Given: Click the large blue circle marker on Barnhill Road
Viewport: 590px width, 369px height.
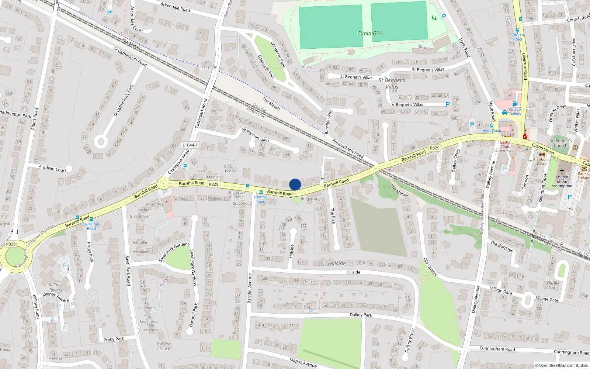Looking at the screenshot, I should pyautogui.click(x=295, y=184).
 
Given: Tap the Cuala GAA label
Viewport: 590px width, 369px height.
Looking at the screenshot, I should pyautogui.click(x=370, y=34).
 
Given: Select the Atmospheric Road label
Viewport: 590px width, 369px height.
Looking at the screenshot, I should pyautogui.click(x=347, y=148).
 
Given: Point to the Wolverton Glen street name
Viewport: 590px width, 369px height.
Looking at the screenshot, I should pyautogui.click(x=255, y=135).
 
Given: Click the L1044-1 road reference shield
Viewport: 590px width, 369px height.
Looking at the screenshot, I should pyautogui.click(x=190, y=145).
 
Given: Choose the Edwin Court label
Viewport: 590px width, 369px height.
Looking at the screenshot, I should pyautogui.click(x=55, y=169).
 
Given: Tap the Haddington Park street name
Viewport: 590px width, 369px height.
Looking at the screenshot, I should pyautogui.click(x=15, y=114).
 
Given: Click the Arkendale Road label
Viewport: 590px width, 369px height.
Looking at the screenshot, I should pyautogui.click(x=175, y=7).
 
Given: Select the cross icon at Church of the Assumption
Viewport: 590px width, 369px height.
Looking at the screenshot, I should pyautogui.click(x=562, y=171).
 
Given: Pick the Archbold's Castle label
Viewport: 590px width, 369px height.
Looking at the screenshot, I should pyautogui.click(x=542, y=162).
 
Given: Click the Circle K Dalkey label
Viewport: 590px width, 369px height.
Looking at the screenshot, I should pyautogui.click(x=515, y=111).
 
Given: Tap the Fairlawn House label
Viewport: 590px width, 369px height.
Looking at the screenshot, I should pyautogui.click(x=164, y=346).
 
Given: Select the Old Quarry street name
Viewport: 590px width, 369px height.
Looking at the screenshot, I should pyautogui.click(x=430, y=267).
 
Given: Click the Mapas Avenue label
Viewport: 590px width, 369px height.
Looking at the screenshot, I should pyautogui.click(x=303, y=363).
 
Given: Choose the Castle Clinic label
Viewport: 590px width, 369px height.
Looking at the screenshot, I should pyautogui.click(x=505, y=144).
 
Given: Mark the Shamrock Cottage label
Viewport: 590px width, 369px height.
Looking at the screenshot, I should pyautogui.click(x=237, y=194).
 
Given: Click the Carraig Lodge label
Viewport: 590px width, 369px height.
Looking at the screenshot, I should pyautogui.click(x=230, y=169).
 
